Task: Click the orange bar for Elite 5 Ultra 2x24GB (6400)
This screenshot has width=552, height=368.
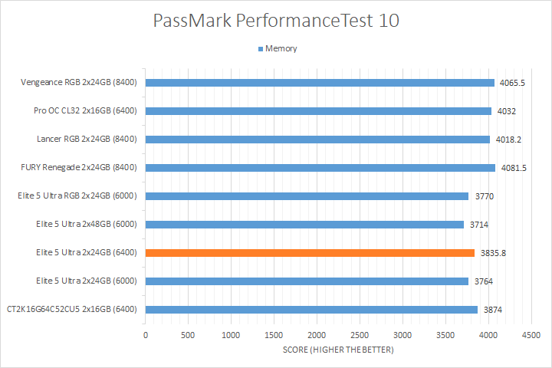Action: (x=310, y=253)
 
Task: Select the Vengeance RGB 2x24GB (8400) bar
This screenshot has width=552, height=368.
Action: (x=320, y=83)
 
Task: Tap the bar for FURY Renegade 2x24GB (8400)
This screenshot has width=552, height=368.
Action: (x=320, y=168)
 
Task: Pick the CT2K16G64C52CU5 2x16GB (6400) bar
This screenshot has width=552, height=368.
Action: (x=311, y=310)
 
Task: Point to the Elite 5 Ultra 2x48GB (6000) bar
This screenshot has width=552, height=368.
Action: (x=304, y=225)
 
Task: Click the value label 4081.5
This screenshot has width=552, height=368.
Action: (x=513, y=168)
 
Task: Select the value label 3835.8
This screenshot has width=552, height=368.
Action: (x=494, y=253)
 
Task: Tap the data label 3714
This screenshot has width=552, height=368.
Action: (x=481, y=225)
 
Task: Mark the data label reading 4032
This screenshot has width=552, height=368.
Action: (x=506, y=111)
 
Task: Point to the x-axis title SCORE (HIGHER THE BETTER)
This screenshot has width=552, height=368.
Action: (x=337, y=350)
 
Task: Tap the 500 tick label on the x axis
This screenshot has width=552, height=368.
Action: (x=188, y=335)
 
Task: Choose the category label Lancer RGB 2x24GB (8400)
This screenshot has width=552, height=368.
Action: (x=87, y=140)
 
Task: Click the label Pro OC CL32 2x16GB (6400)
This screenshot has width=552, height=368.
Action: (x=85, y=111)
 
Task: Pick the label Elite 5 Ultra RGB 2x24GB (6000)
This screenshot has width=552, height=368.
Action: (x=77, y=196)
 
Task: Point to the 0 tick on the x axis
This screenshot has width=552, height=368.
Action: (x=146, y=335)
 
